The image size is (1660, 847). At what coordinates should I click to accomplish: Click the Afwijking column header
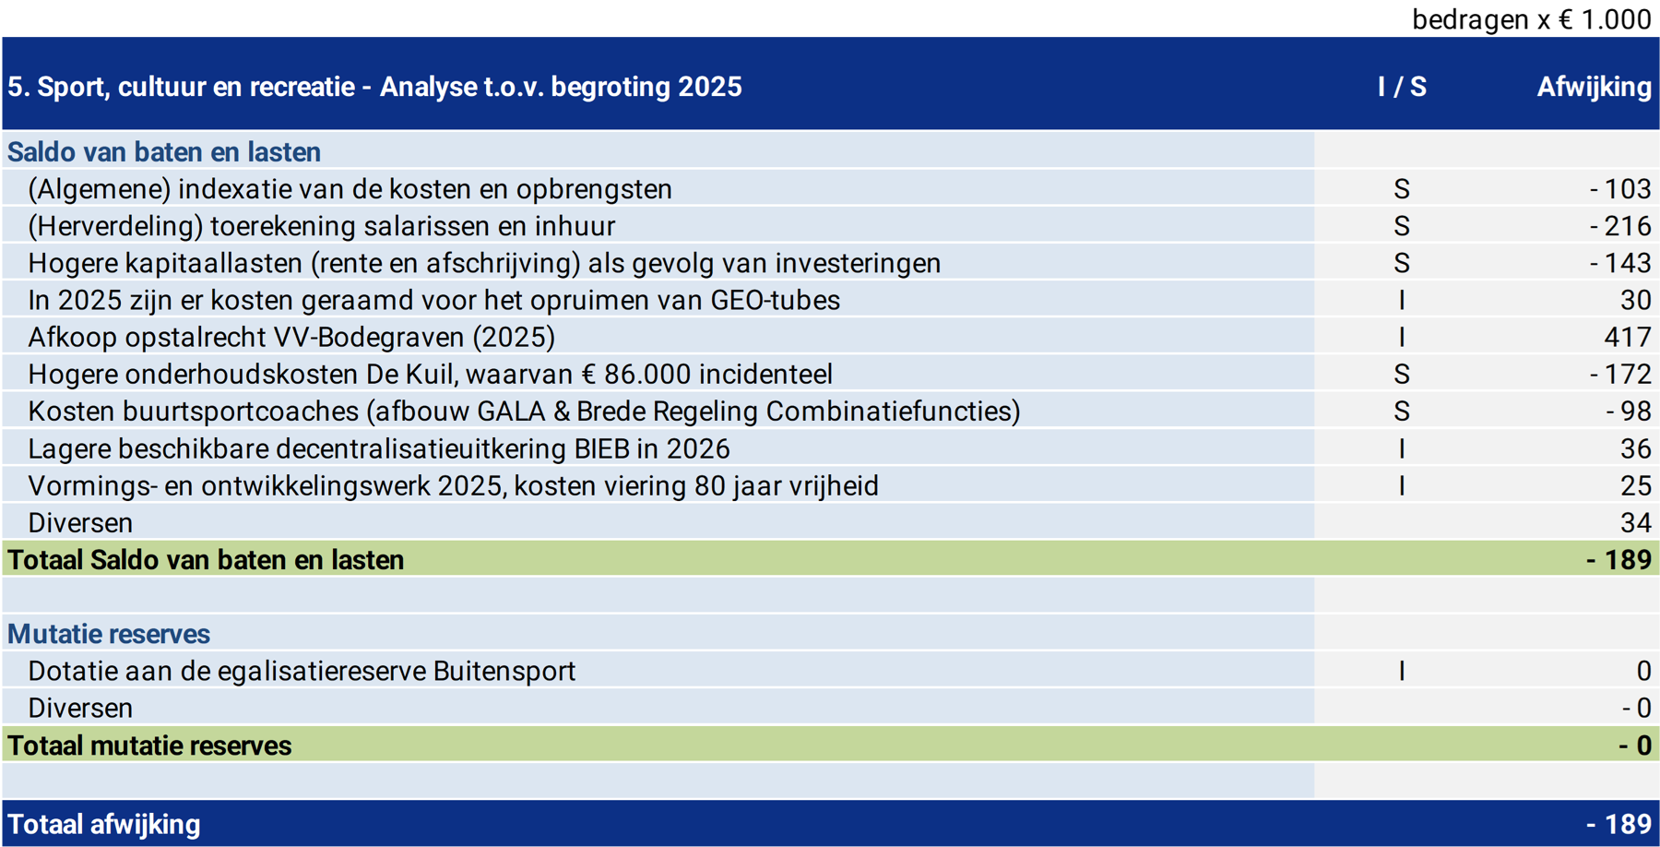tap(1594, 87)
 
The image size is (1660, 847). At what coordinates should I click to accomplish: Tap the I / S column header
tap(1402, 87)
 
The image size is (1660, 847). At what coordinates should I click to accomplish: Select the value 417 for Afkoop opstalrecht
tap(1627, 337)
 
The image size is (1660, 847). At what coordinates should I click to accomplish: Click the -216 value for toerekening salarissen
tap(1620, 226)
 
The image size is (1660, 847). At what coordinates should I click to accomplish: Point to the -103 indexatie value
tap(1620, 189)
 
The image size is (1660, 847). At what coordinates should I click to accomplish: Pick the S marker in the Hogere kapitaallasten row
tap(1402, 263)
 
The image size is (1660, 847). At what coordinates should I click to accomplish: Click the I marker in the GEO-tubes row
tap(1402, 300)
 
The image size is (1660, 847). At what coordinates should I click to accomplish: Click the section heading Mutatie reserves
tap(109, 634)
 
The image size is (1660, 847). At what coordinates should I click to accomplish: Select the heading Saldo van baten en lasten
tap(164, 151)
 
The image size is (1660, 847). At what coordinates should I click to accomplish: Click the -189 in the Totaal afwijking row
tap(1618, 824)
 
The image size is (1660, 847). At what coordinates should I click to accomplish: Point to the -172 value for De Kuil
tap(1620, 374)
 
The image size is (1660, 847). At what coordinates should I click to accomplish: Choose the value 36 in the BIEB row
tap(1635, 448)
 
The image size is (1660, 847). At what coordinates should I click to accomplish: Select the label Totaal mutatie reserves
tap(149, 745)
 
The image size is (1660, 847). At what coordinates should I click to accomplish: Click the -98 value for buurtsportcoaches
tap(1628, 411)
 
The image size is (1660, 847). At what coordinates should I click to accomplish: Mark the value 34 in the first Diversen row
tap(1635, 522)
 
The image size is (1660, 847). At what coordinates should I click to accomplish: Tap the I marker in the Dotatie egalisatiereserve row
tap(1402, 671)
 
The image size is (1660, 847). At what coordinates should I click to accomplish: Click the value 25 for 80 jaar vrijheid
tap(1635, 485)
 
